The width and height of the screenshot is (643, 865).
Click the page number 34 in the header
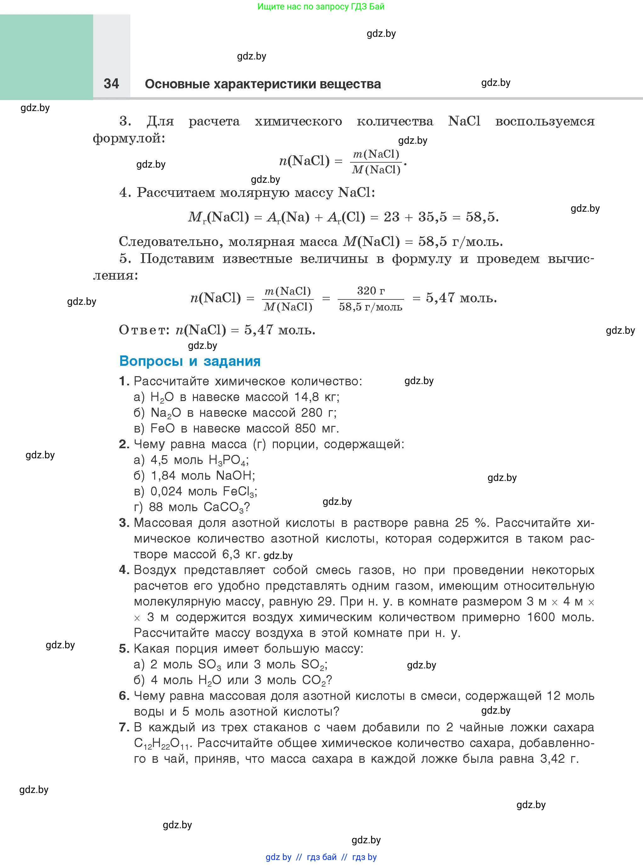(111, 84)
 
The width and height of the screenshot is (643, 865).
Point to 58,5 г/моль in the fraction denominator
(370, 307)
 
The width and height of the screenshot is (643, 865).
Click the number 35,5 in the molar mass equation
(432, 217)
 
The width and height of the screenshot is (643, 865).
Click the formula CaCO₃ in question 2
(223, 507)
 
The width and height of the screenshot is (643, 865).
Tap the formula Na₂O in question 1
(166, 413)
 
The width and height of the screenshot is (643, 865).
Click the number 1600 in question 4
(541, 617)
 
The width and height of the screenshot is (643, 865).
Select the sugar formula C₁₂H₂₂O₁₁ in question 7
(161, 743)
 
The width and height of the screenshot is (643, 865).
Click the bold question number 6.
(124, 696)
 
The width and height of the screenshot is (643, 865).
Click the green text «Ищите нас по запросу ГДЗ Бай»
(321, 7)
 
